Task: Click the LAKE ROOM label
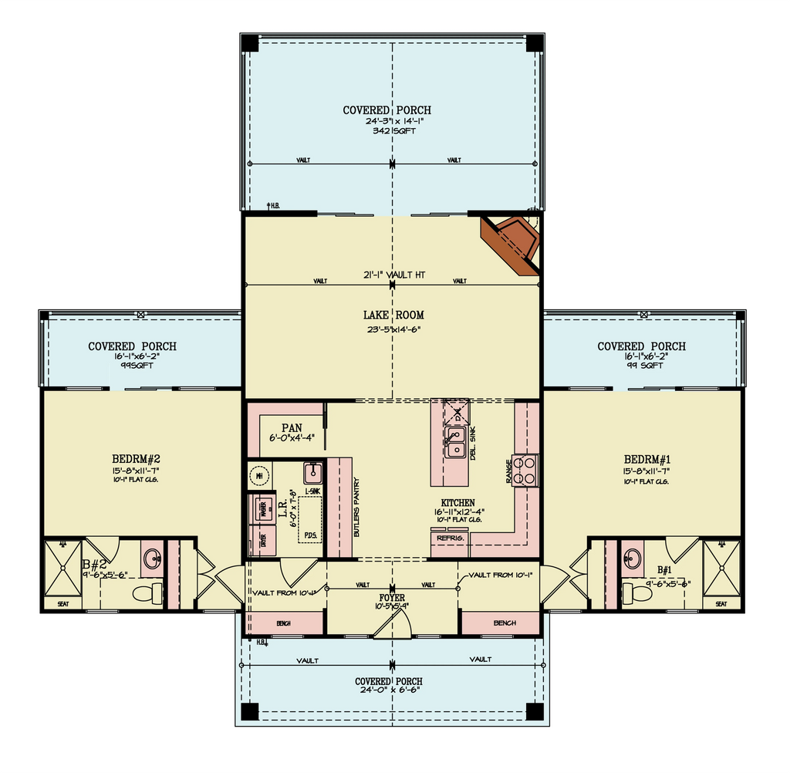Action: (393, 315)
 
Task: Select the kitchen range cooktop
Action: (526, 470)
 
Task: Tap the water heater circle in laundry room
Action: (260, 476)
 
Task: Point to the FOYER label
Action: (393, 597)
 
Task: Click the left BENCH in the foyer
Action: (284, 623)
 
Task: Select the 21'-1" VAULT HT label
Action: (393, 275)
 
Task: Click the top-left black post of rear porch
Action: (249, 43)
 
